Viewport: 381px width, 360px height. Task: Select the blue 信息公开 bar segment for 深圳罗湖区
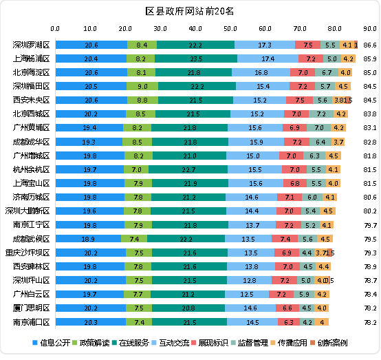[x=91, y=45]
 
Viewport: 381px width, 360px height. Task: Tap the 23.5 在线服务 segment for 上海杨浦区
[x=195, y=59]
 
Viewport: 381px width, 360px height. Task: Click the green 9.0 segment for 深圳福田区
[x=142, y=86]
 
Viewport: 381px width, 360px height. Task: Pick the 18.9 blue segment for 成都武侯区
[x=88, y=238]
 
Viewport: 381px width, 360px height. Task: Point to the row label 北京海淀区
[x=32, y=72]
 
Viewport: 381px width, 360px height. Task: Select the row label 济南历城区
[x=32, y=197]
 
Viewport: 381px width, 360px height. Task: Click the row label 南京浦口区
[x=32, y=321]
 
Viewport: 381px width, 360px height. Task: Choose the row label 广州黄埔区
[x=32, y=127]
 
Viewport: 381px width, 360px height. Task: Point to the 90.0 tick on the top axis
[x=370, y=29]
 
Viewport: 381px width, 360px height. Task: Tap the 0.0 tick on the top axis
[x=55, y=29]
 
